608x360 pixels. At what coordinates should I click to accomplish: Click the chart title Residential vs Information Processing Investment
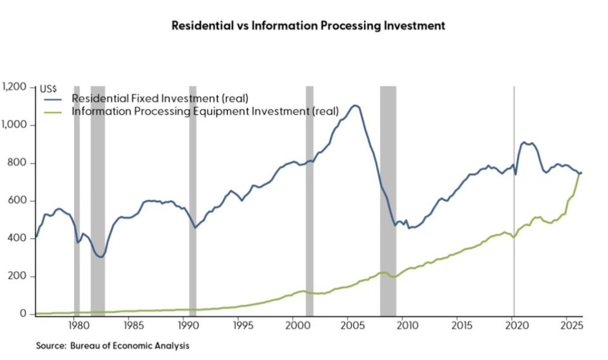pyautogui.click(x=308, y=25)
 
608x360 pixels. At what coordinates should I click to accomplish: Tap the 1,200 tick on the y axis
pyautogui.click(x=14, y=87)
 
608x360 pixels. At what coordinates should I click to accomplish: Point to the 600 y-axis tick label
pyautogui.click(x=17, y=200)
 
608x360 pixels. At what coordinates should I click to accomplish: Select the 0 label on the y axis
pyautogui.click(x=23, y=314)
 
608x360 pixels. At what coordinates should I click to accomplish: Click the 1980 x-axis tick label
pyautogui.click(x=80, y=326)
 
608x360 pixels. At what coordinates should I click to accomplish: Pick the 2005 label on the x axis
pyautogui.click(x=353, y=326)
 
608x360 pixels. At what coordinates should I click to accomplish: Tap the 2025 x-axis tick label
pyautogui.click(x=572, y=326)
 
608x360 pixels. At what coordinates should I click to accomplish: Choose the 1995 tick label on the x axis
pyautogui.click(x=243, y=326)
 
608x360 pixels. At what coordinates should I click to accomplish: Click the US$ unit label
pyautogui.click(x=49, y=89)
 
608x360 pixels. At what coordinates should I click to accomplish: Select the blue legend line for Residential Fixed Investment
pyautogui.click(x=53, y=100)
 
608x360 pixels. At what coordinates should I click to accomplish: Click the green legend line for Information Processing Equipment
pyautogui.click(x=53, y=113)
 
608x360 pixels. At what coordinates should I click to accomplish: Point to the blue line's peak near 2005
pyautogui.click(x=355, y=105)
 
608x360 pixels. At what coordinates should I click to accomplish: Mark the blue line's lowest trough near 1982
pyautogui.click(x=101, y=257)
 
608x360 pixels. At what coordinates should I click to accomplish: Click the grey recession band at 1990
pyautogui.click(x=193, y=201)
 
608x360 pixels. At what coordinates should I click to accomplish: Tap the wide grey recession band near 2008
pyautogui.click(x=388, y=201)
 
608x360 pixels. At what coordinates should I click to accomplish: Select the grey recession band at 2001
pyautogui.click(x=310, y=201)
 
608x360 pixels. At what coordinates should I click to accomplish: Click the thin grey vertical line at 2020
pyautogui.click(x=514, y=201)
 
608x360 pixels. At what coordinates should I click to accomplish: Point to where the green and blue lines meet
pyautogui.click(x=579, y=173)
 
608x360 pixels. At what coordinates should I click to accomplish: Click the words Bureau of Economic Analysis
pyautogui.click(x=130, y=345)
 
